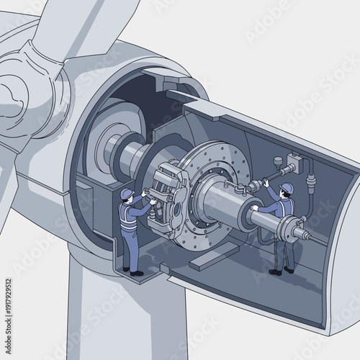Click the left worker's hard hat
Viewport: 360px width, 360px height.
coord(127,193)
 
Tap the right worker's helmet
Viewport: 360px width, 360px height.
coord(287,189)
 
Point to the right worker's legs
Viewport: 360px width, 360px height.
coord(284,248)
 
